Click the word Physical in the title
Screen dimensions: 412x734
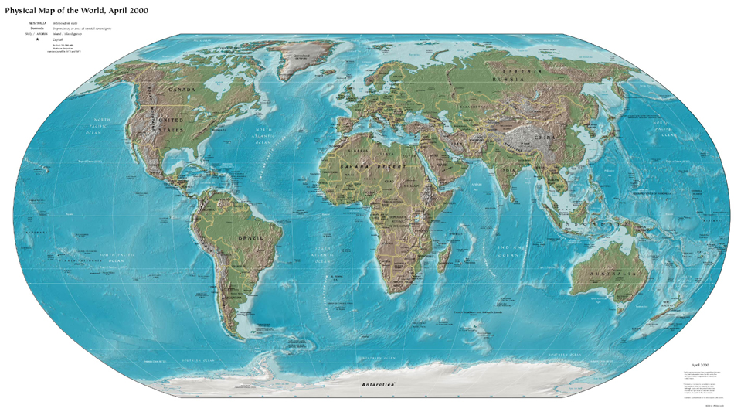coord(23,10)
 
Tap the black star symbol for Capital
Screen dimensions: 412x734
coord(37,39)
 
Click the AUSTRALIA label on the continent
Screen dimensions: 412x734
coord(607,274)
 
